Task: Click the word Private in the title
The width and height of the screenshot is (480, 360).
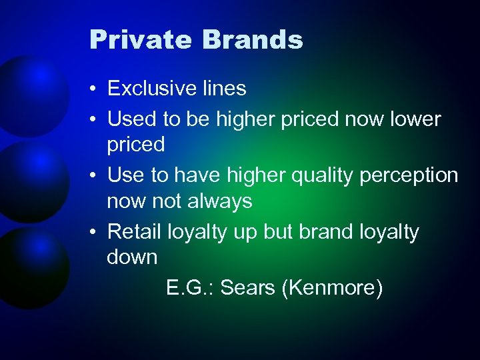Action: point(141,41)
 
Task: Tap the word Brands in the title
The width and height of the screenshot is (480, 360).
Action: point(253,41)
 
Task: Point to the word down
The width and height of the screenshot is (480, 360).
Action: point(132,257)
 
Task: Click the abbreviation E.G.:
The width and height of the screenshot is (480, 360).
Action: point(190,288)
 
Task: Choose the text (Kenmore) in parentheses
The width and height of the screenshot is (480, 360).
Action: point(333,288)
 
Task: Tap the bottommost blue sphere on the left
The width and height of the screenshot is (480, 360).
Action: point(30,267)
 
